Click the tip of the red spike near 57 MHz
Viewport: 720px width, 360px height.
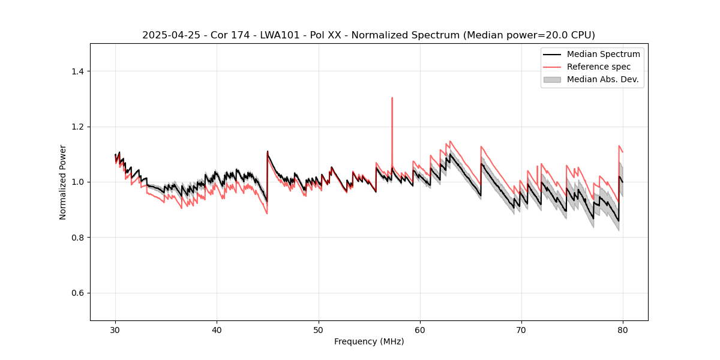(x=392, y=97)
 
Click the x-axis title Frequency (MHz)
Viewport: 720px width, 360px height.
(x=369, y=341)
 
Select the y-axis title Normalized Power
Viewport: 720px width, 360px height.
(x=63, y=182)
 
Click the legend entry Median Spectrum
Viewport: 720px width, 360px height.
(x=603, y=54)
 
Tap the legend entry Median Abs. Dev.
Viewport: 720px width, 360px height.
(x=602, y=79)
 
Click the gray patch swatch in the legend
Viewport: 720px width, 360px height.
(x=552, y=79)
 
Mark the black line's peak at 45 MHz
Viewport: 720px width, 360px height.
(x=268, y=151)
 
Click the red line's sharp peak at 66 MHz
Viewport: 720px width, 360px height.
(x=481, y=146)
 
